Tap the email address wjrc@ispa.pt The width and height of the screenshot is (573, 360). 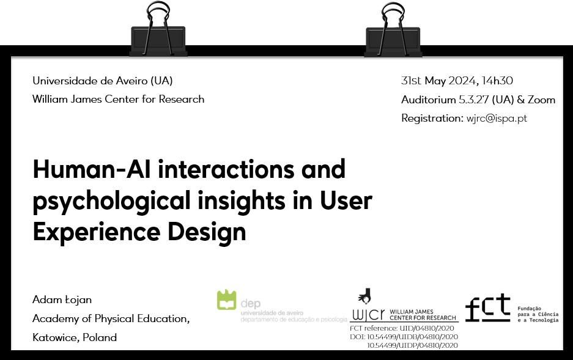[497, 119]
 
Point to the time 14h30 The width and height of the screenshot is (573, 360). [497, 80]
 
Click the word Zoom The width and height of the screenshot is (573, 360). [541, 100]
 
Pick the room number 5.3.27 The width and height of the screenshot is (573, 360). [473, 100]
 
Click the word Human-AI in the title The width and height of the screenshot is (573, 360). [92, 169]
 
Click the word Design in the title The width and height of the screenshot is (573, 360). [207, 232]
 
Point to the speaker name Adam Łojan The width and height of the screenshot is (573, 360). [62, 299]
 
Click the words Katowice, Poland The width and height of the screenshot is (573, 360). [75, 337]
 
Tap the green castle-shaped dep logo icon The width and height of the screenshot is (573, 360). [226, 299]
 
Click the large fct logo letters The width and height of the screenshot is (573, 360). [488, 307]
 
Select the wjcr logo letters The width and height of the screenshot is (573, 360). [368, 315]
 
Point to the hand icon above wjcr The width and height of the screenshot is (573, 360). [364, 295]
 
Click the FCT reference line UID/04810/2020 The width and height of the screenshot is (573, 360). [402, 328]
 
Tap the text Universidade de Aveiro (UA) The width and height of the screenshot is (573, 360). [102, 81]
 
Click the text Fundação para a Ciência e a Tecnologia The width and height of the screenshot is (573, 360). [538, 314]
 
